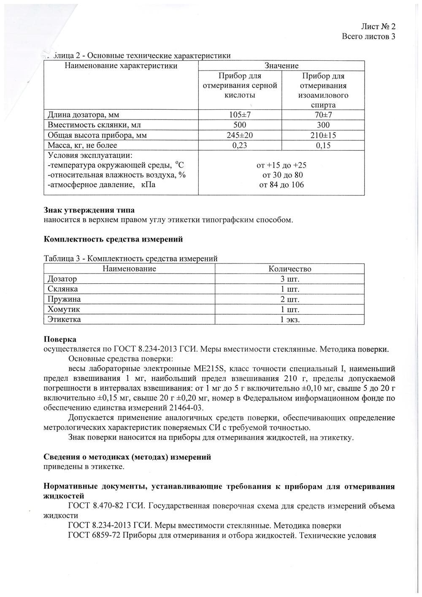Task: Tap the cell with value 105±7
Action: [x=239, y=115]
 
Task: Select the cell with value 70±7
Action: [x=323, y=115]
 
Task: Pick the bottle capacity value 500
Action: [x=240, y=125]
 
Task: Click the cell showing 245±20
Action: [x=239, y=135]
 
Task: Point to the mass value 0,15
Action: [x=323, y=145]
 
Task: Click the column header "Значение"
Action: [x=281, y=66]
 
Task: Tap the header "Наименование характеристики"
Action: [x=121, y=66]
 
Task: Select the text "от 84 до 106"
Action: [x=281, y=185]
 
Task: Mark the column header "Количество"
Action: [x=290, y=269]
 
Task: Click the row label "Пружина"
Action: [x=64, y=299]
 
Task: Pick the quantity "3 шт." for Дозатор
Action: [x=290, y=279]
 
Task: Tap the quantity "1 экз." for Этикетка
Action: [x=290, y=320]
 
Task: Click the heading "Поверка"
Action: [x=60, y=339]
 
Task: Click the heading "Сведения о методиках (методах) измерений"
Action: [x=127, y=457]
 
